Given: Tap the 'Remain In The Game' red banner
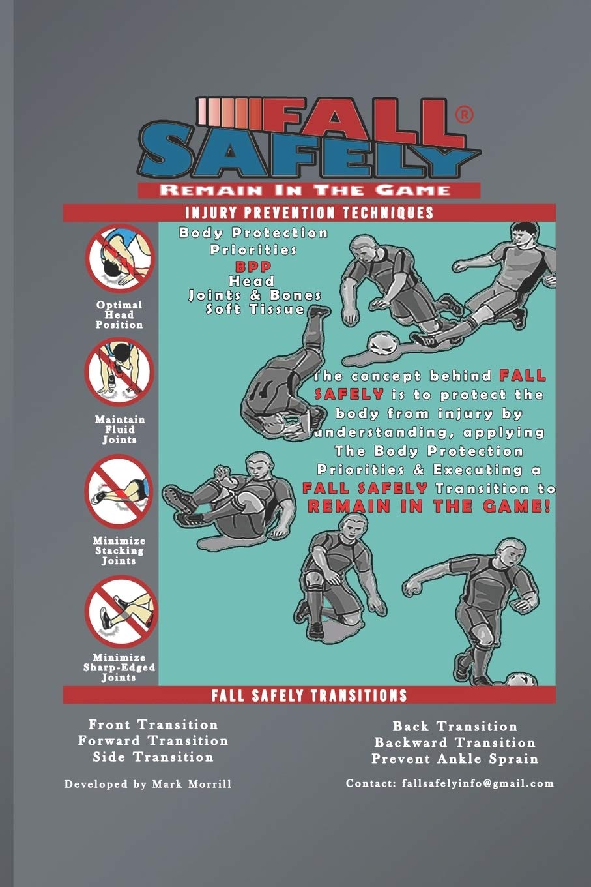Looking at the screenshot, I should coord(308,190).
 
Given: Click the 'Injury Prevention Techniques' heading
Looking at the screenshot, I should coord(309,213).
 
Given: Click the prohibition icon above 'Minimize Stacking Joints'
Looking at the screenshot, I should coord(119,492).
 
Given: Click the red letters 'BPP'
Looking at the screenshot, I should coord(254,266).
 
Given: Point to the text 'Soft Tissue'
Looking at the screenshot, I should coord(255,309).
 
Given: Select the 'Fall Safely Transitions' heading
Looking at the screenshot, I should coord(309,695).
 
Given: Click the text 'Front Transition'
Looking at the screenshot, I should coord(153,725).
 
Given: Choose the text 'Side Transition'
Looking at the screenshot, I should coord(153,757).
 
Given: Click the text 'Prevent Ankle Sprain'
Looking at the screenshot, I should coord(455,759).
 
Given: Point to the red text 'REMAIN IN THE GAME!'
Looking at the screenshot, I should coord(429,507).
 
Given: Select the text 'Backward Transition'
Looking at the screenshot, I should coord(455,742).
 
